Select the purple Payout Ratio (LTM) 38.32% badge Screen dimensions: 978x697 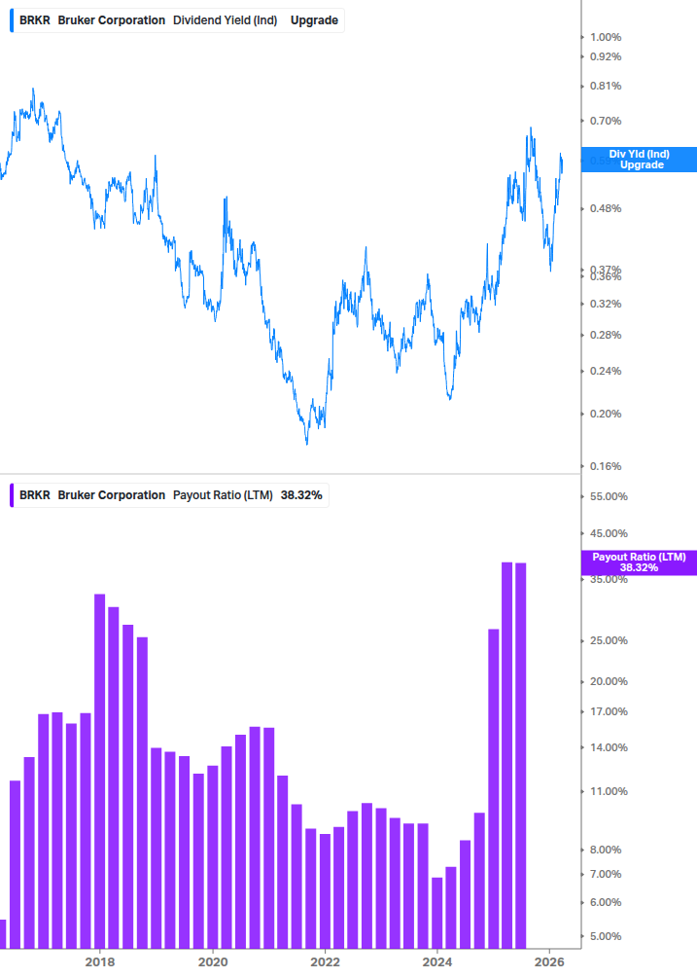(x=639, y=561)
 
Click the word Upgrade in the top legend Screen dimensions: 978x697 (x=314, y=19)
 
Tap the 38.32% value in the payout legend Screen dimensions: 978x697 (x=301, y=495)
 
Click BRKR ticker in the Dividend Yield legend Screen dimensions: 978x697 (x=35, y=19)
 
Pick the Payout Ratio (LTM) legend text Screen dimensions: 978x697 (x=223, y=495)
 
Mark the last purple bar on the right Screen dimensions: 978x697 (x=521, y=754)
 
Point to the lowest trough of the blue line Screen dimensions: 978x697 (x=307, y=444)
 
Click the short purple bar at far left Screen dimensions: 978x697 (x=3, y=933)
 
